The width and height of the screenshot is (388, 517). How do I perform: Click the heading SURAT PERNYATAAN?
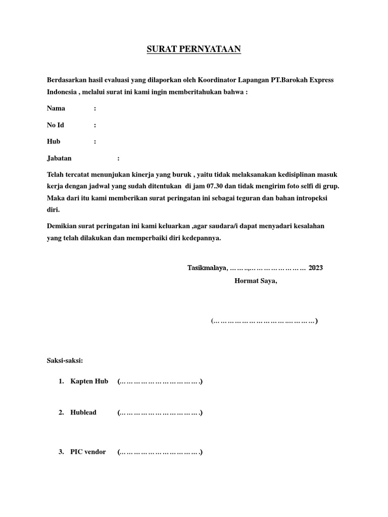(194, 49)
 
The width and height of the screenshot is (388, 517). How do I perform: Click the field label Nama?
(56, 109)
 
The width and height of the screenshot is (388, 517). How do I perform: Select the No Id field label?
(56, 125)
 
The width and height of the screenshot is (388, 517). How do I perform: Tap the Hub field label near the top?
(54, 142)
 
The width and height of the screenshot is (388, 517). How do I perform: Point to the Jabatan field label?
(59, 159)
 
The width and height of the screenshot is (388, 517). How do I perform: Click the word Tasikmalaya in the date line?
(208, 268)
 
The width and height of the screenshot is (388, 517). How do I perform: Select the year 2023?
(316, 268)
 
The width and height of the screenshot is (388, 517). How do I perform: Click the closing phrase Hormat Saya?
(256, 281)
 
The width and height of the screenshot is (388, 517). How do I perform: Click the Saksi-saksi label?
(65, 360)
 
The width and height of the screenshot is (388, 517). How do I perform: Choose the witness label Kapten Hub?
(89, 382)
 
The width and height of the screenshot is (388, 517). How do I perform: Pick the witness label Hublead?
(83, 412)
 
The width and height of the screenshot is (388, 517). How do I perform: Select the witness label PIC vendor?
(88, 452)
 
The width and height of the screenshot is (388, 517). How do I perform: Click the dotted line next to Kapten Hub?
(160, 382)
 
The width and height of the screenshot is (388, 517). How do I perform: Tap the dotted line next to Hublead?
(160, 413)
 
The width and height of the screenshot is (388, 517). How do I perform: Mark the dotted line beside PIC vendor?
(160, 452)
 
